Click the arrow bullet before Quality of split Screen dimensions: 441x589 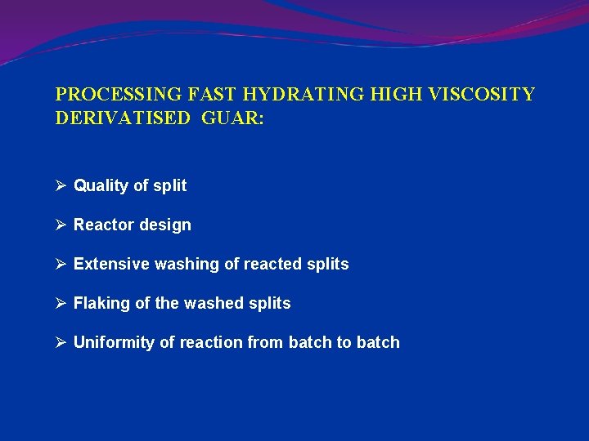pyautogui.click(x=61, y=185)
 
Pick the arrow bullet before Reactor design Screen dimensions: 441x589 pyautogui.click(x=61, y=225)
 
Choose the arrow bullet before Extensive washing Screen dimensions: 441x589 pyautogui.click(x=61, y=264)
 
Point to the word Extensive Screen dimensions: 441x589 pyautogui.click(x=107, y=265)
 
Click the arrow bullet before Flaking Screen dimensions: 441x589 pyautogui.click(x=61, y=303)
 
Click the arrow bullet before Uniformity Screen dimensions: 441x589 pyautogui.click(x=61, y=342)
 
